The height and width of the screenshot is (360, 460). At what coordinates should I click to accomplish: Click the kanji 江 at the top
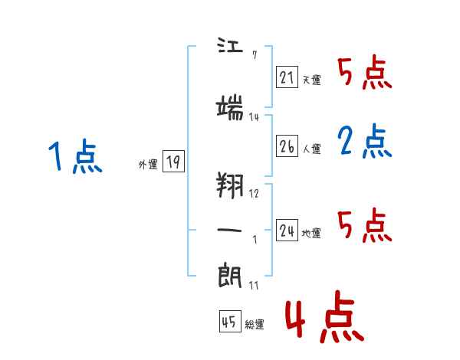pos(230,45)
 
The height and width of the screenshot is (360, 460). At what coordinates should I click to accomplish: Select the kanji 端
pos(230,107)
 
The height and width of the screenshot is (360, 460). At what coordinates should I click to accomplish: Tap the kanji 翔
pos(230,185)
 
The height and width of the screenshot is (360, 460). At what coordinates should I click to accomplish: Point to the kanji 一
pos(229,230)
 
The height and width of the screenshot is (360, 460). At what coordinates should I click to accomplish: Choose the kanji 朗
pos(230,275)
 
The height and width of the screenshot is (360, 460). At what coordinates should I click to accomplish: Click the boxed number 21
pos(287,77)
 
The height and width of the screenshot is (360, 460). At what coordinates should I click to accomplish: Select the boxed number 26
pos(287,146)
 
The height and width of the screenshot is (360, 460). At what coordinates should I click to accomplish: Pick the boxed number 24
pos(287,230)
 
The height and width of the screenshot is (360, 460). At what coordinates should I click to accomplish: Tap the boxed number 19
pos(173,161)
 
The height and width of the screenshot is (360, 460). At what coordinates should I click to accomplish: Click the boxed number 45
pos(230,321)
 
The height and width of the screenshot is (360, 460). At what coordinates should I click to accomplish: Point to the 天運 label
pos(312,80)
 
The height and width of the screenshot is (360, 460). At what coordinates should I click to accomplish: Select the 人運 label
pos(312,149)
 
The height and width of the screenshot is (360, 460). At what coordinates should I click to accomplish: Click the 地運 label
pos(311,233)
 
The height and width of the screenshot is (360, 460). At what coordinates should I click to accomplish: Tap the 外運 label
pos(148,165)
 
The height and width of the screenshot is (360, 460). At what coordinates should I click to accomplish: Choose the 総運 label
pos(255,324)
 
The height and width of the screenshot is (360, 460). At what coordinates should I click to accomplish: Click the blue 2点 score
pos(365,141)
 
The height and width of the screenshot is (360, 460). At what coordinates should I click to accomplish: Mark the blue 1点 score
pos(75,156)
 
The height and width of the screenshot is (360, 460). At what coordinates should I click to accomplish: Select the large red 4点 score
pos(325,317)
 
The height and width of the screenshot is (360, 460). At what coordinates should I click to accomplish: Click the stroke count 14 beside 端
pos(254,117)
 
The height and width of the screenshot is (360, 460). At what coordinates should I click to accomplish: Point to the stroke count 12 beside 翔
pos(254,194)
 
